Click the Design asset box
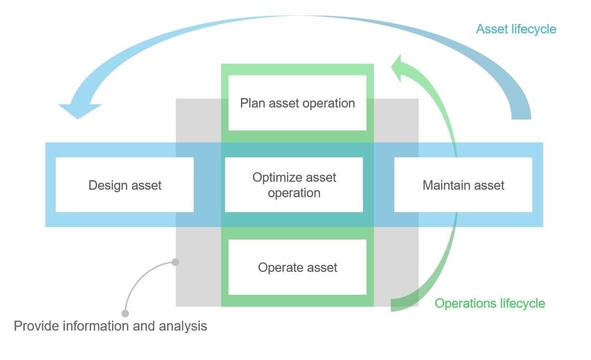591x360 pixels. click(124, 185)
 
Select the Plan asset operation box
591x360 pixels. click(297, 103)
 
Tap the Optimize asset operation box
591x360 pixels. click(294, 185)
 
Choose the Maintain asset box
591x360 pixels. click(463, 185)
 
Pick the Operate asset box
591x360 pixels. click(297, 267)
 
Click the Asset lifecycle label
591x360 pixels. click(516, 29)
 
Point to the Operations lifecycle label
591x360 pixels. click(490, 303)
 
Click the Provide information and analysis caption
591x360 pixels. click(110, 326)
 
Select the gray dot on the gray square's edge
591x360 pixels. click(175, 262)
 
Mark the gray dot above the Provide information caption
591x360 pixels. click(125, 313)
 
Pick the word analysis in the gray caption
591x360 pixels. click(183, 326)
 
